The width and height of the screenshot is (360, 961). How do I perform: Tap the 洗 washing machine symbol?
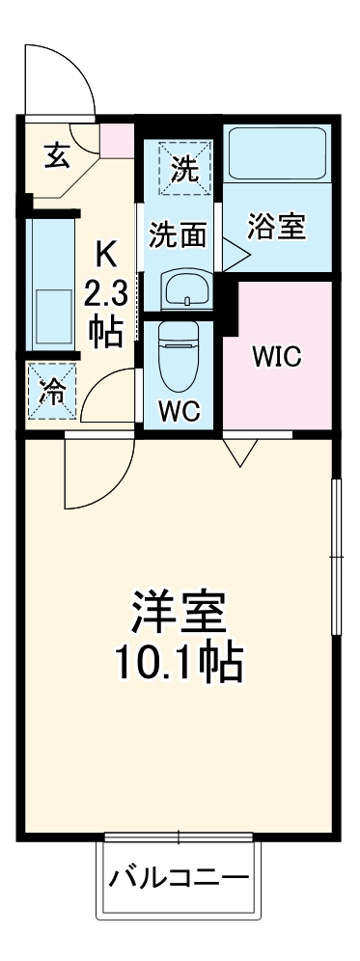pyautogui.click(x=184, y=170)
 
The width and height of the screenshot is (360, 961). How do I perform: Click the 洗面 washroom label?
pyautogui.click(x=180, y=234)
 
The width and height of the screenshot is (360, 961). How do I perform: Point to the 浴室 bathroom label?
pyautogui.click(x=276, y=228)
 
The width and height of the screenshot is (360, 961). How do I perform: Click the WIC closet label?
pyautogui.click(x=277, y=356)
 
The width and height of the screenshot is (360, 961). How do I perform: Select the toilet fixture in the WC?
pyautogui.click(x=180, y=351)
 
